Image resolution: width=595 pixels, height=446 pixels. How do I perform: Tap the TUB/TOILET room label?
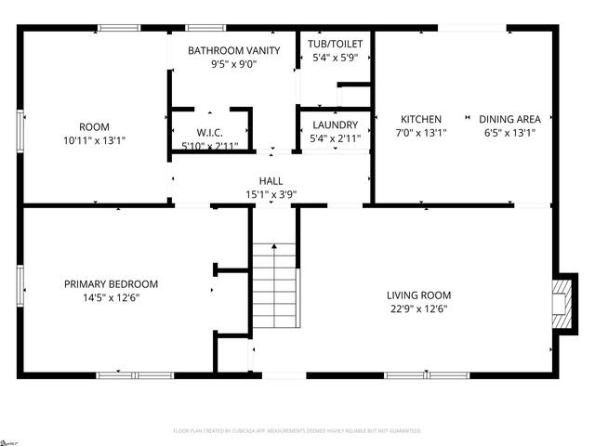click(335, 44)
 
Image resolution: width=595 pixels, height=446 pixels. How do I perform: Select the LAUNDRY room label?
click(335, 125)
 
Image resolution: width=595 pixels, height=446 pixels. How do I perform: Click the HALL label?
click(271, 181)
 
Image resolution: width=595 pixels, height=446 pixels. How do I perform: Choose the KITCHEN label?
click(421, 119)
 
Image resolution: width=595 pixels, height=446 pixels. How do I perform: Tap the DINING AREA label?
click(509, 119)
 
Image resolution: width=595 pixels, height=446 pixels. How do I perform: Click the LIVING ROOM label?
click(418, 295)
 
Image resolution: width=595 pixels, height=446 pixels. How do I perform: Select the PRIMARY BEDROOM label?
click(111, 284)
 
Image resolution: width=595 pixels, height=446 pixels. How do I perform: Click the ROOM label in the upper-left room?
click(94, 127)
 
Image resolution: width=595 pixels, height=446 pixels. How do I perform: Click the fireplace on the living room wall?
click(562, 303)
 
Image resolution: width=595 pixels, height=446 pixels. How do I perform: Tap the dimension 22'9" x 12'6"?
click(418, 309)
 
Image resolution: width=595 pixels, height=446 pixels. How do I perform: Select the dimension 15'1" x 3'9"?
click(271, 195)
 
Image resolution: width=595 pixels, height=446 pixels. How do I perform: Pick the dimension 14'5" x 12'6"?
click(111, 298)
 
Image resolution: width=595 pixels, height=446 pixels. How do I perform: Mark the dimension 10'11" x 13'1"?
click(94, 141)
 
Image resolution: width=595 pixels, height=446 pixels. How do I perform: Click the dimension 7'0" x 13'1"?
click(421, 133)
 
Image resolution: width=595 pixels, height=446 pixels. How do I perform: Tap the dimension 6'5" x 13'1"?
click(509, 133)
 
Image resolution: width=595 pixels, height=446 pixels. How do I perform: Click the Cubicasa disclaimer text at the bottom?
click(297, 431)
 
